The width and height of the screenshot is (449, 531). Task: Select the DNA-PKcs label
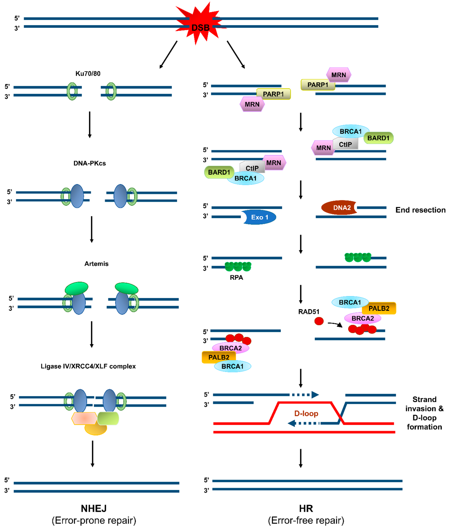(90, 163)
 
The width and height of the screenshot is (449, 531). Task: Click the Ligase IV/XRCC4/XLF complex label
(88, 366)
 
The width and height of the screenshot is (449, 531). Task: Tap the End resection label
(420, 210)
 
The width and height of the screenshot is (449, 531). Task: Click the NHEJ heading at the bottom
(94, 509)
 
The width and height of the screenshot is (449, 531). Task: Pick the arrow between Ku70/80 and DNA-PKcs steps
(90, 125)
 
